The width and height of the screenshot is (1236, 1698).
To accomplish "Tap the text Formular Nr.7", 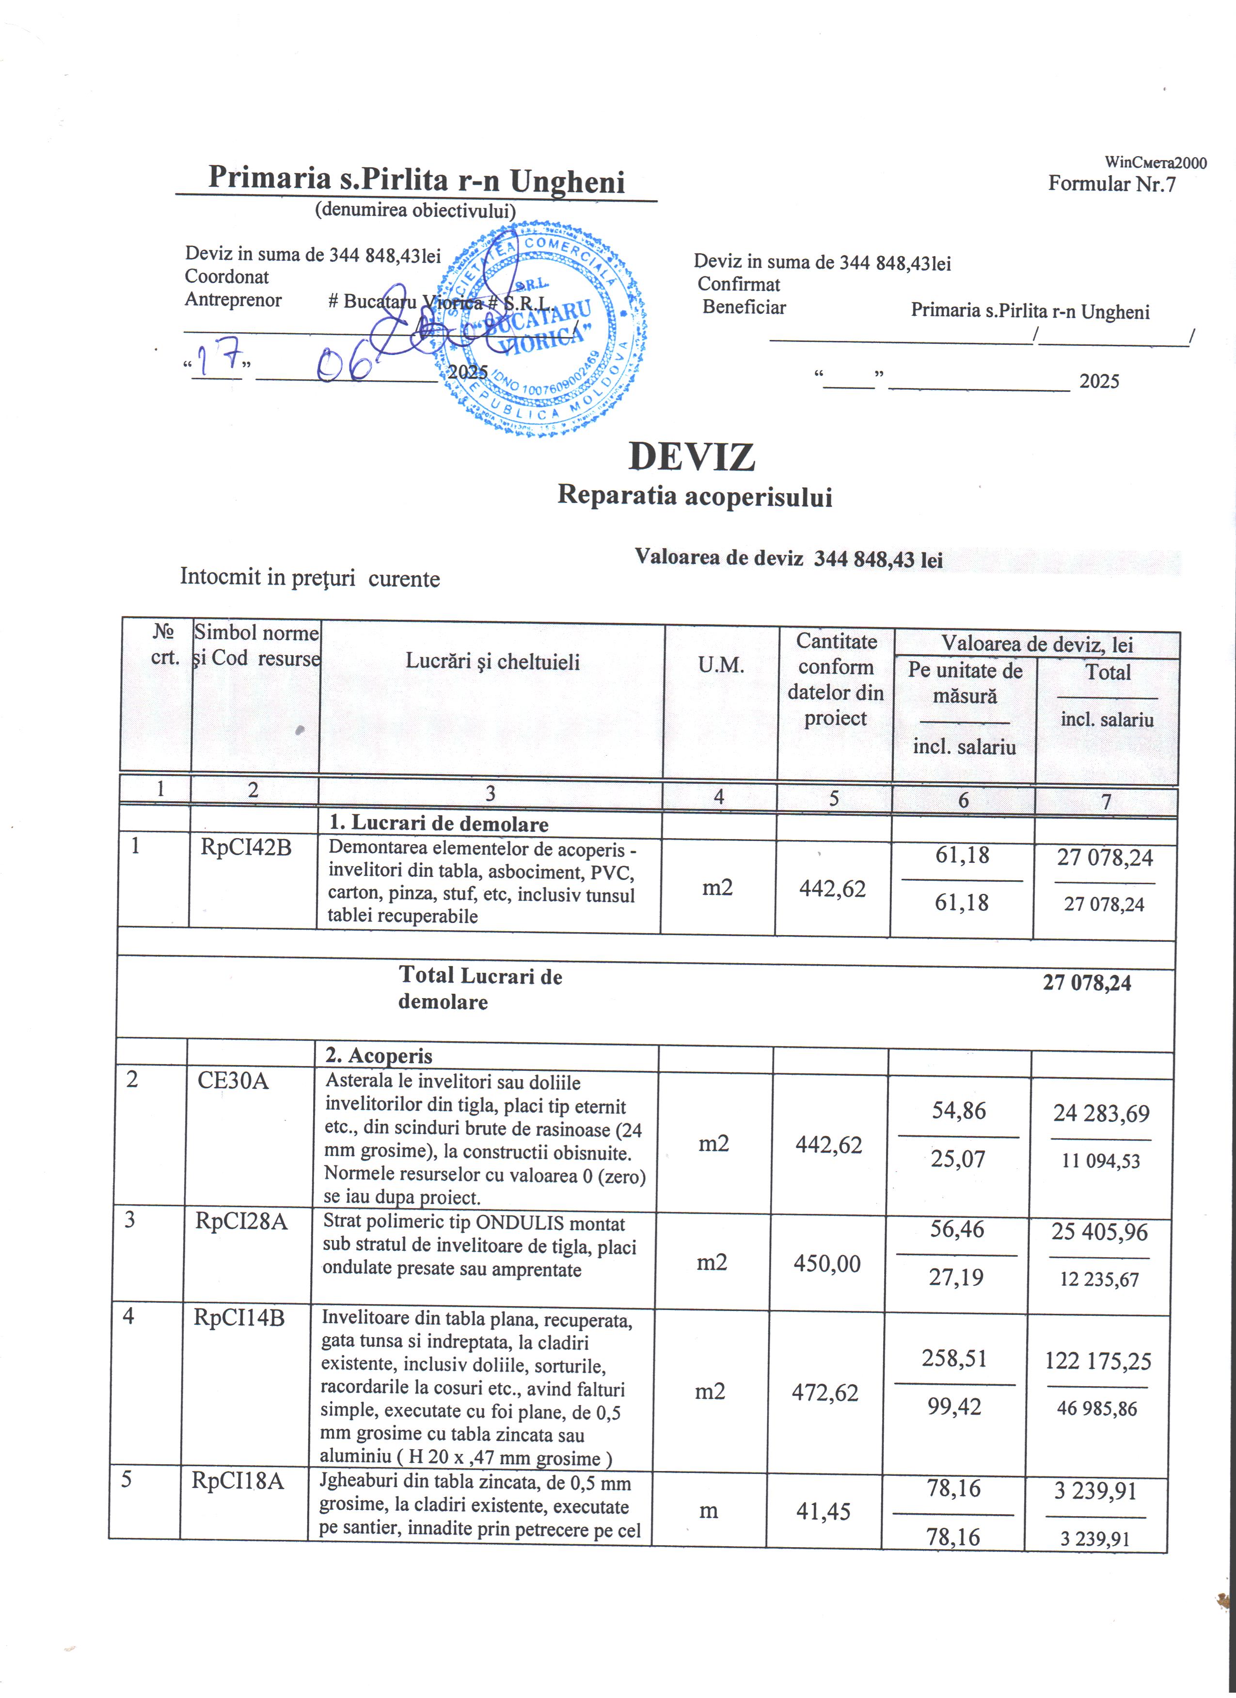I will click(1112, 183).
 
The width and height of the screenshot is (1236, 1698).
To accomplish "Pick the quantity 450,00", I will click(827, 1264).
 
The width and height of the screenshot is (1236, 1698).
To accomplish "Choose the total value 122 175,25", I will click(1097, 1360).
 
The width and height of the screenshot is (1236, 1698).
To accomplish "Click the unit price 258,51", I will click(954, 1358).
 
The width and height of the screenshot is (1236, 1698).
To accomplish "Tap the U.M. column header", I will click(720, 665).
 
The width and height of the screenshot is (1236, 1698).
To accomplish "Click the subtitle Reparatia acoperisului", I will click(694, 496).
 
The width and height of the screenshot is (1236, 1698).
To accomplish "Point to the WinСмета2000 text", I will click(1155, 162).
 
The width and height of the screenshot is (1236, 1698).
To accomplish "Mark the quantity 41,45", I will click(823, 1512).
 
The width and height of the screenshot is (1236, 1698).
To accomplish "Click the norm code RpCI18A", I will click(238, 1481).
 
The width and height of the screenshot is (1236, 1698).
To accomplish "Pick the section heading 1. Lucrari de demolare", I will click(439, 824).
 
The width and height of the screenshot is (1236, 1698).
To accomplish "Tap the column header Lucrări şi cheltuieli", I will click(492, 661).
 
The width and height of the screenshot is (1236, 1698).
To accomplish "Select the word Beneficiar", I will click(744, 307).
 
